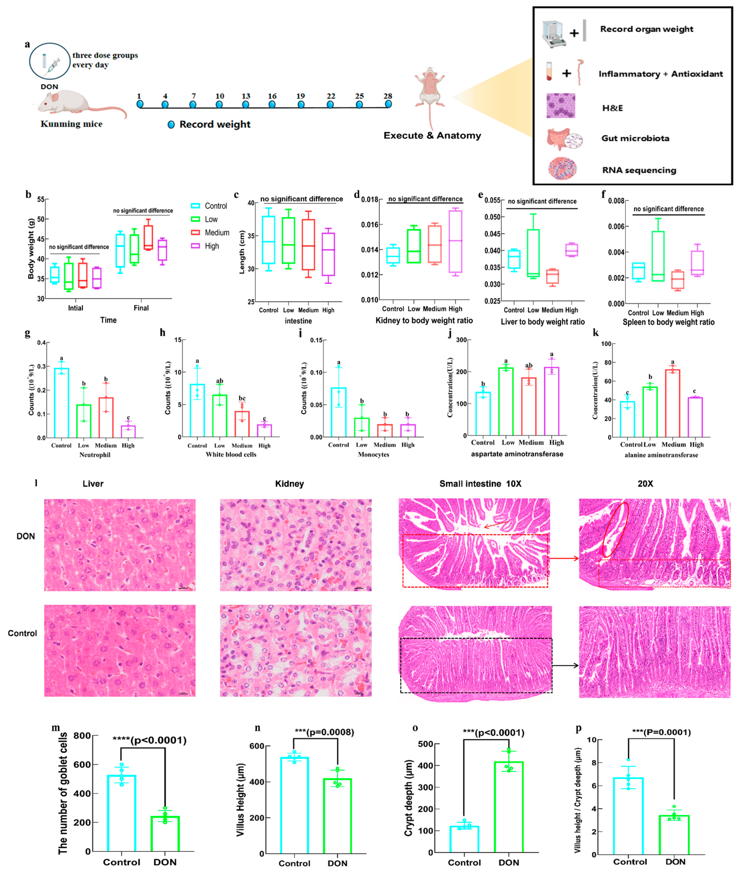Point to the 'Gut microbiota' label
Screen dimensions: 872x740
[635, 138]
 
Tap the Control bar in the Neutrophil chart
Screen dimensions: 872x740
[61, 403]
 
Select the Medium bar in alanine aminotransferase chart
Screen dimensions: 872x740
[672, 403]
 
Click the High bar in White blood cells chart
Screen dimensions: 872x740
[264, 430]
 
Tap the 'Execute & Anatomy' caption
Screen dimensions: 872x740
[432, 136]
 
